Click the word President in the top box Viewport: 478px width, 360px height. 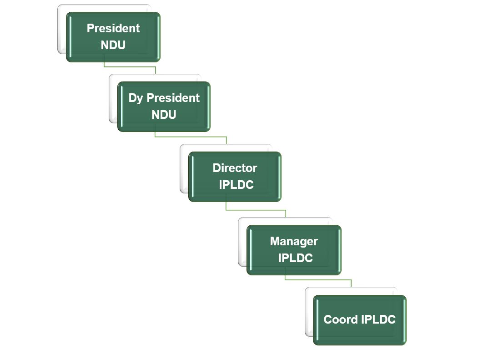pos(113,28)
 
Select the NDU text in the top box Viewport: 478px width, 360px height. pos(113,45)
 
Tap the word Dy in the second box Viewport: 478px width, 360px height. pos(136,98)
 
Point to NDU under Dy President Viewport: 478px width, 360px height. pos(164,115)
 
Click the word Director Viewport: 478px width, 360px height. pos(235,168)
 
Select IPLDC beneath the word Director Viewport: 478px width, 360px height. pos(236,185)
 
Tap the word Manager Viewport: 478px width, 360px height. pos(294,241)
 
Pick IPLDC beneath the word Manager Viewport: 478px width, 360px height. pos(296,258)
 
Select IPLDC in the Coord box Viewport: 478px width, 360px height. pos(378,319)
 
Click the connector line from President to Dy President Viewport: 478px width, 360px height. pos(130,66)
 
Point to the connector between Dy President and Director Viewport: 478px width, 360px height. pos(191,137)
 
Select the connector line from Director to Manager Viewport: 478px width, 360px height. pos(256,210)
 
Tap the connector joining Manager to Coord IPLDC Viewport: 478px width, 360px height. pos(318,279)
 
